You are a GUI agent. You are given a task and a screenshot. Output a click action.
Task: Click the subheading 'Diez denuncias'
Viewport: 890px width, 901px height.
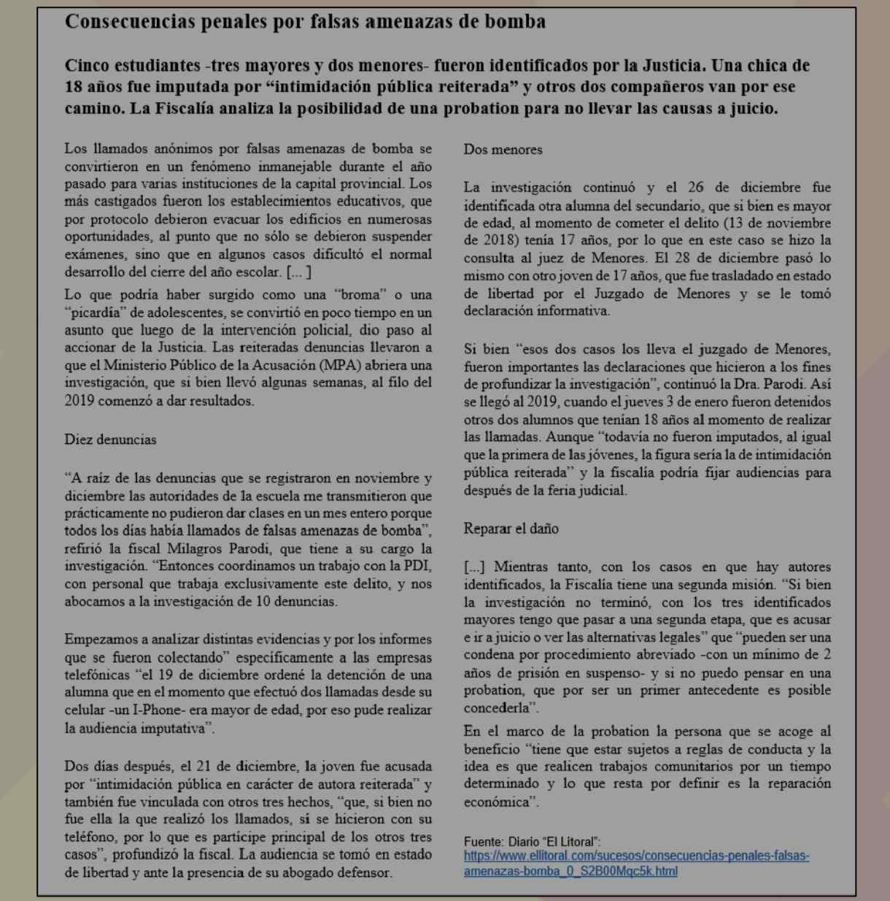coord(110,440)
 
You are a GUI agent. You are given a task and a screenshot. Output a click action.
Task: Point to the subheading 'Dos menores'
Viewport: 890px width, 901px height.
coord(503,150)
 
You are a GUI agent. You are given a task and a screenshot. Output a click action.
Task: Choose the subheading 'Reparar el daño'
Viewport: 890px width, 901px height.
coord(511,529)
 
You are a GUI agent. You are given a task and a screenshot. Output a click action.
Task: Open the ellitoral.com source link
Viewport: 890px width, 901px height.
coord(636,863)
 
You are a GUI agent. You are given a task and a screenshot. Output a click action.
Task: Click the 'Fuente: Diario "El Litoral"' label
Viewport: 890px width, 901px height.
coord(532,842)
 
